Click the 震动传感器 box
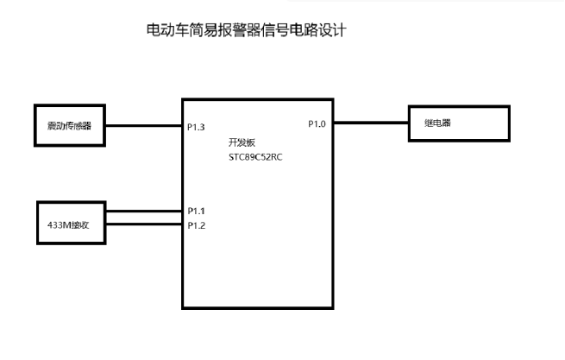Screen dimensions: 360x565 [x=69, y=125]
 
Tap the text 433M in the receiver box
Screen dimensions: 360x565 [x=60, y=224]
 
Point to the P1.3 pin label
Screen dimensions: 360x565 [x=196, y=128]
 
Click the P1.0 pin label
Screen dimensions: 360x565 [x=317, y=123]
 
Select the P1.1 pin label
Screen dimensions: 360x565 [x=196, y=211]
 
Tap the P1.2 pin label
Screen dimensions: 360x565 [x=196, y=225]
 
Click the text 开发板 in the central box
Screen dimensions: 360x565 [x=241, y=141]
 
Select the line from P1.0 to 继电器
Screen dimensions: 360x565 [x=371, y=123]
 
